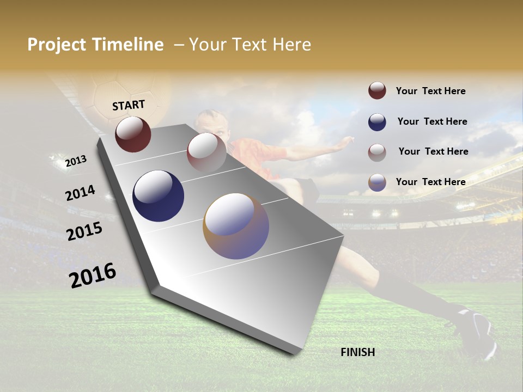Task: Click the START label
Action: [x=129, y=105]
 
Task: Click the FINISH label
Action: [x=357, y=352]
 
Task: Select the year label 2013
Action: [x=76, y=161]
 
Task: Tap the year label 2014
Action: [x=80, y=193]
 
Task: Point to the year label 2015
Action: [x=84, y=231]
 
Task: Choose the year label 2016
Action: [x=93, y=275]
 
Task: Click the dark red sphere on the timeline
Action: [x=133, y=134]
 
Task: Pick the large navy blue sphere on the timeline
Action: [x=158, y=196]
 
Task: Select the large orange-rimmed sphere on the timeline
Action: [x=236, y=226]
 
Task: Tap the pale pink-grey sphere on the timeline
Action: [x=206, y=152]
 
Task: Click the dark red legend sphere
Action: [x=377, y=90]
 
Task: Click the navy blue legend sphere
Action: [x=377, y=122]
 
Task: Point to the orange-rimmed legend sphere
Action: [x=377, y=182]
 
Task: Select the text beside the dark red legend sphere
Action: [x=430, y=91]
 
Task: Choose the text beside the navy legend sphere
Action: [x=432, y=121]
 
